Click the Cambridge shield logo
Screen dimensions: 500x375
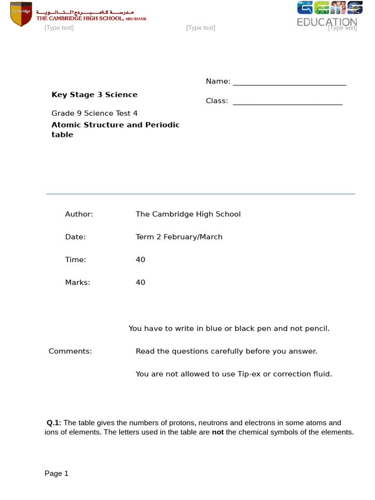[x=21, y=14]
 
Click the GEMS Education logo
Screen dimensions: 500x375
[x=327, y=14]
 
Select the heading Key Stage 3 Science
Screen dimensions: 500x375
[x=95, y=95]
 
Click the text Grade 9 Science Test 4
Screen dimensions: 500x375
[x=95, y=113]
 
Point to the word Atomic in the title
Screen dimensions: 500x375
[x=66, y=125]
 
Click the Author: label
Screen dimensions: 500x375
[x=79, y=214]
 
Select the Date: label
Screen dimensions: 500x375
[x=76, y=237]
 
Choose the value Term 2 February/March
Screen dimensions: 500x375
[x=179, y=237]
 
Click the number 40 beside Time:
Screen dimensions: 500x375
[x=141, y=260]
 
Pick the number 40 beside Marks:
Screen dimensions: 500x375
[x=141, y=283]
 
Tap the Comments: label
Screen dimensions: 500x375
[x=70, y=352]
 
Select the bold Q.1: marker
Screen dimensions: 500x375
[x=54, y=423]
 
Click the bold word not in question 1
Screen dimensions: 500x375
[x=217, y=433]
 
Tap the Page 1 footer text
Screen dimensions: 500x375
[x=57, y=474]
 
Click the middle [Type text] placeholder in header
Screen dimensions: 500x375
[x=201, y=28]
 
